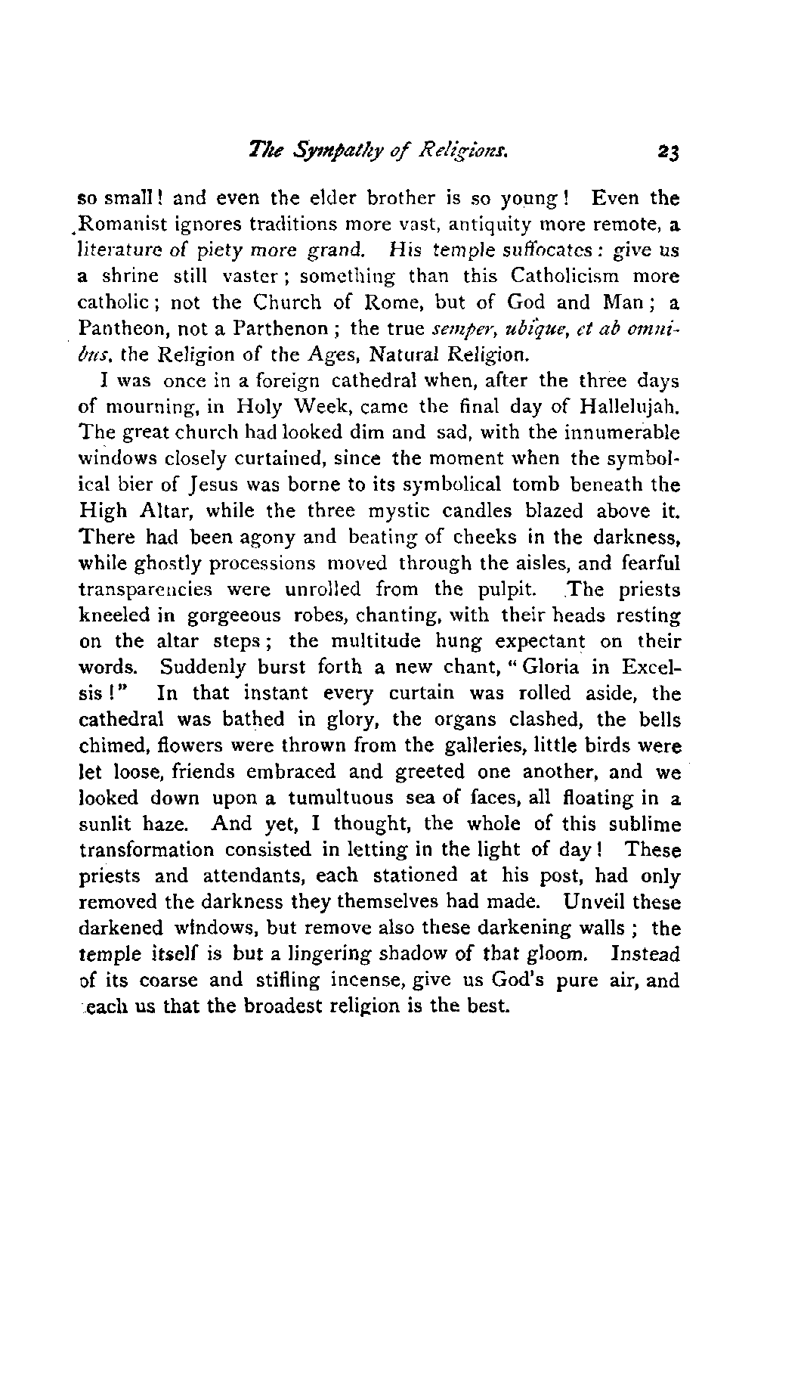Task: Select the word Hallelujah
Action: [x=630, y=407]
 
